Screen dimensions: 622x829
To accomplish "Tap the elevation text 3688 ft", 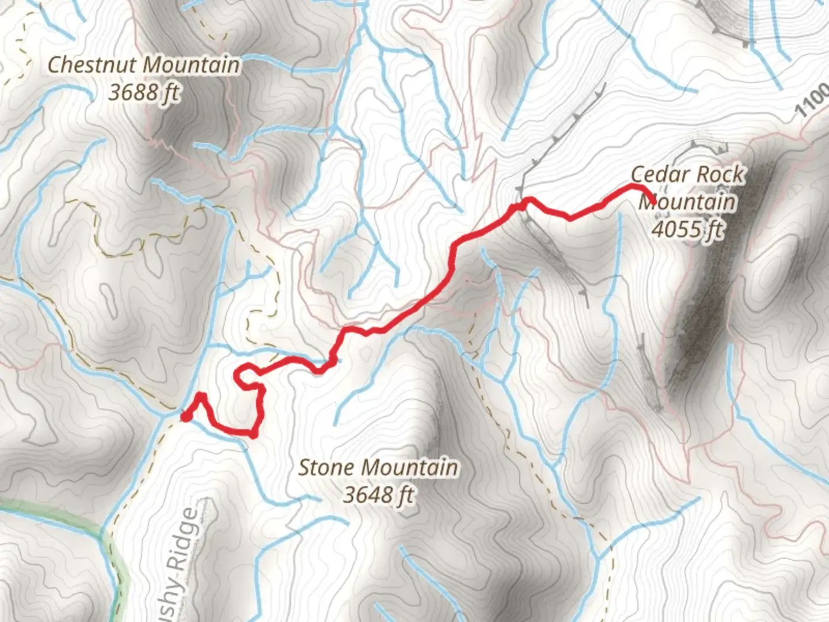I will point(144,92).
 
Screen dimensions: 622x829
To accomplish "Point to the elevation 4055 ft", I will point(686,229).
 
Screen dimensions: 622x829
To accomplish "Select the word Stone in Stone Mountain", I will point(326,467).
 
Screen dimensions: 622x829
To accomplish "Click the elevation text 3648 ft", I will point(378,494).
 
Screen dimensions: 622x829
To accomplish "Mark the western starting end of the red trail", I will point(185,416).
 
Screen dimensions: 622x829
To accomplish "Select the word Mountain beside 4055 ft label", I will point(688,202).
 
